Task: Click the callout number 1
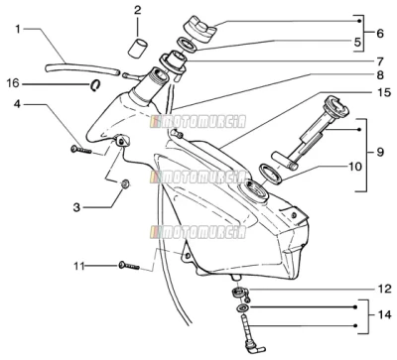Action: click(18, 29)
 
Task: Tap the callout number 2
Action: click(137, 10)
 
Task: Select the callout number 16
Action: click(13, 83)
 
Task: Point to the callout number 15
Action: click(384, 93)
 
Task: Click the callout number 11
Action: click(79, 266)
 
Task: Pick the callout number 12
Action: click(384, 289)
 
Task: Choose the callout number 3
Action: click(76, 207)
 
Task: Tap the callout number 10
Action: click(355, 167)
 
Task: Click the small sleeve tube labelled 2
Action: click(138, 49)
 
